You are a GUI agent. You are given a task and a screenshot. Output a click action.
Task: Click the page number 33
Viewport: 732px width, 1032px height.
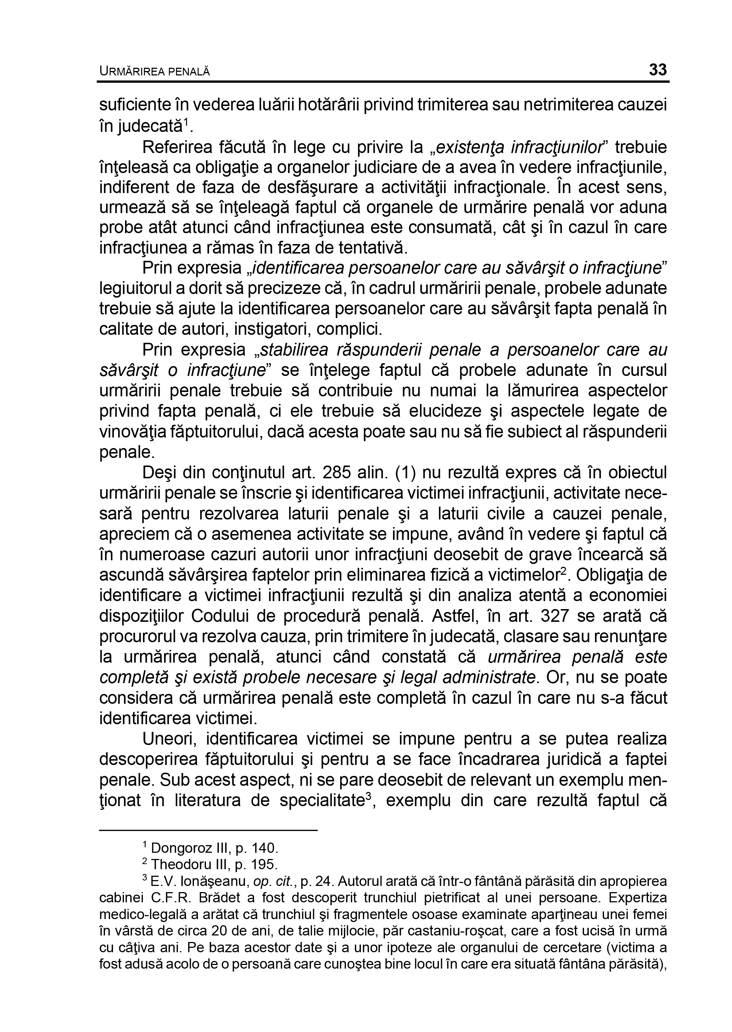[x=658, y=70]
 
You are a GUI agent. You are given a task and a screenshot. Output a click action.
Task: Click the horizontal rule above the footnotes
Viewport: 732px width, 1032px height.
[x=208, y=830]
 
